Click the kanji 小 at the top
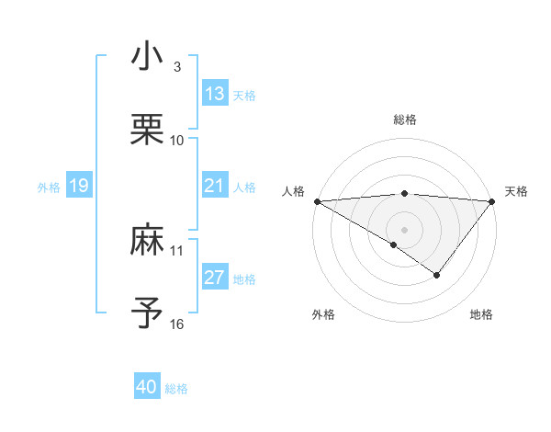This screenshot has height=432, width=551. point(148,56)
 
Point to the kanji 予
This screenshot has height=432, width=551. point(148,313)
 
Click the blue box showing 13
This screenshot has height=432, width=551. point(215,94)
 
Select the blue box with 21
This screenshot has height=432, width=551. point(215,186)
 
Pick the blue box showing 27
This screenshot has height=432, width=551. point(215,279)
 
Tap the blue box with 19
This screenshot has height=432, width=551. point(78,187)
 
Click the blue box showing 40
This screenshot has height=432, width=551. point(147,388)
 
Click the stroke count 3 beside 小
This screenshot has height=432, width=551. point(177,67)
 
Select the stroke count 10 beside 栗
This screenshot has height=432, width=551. point(177,141)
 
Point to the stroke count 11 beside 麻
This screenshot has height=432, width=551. point(177,250)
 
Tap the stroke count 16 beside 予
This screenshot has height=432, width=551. point(177,324)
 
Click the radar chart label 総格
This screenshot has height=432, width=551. point(404,119)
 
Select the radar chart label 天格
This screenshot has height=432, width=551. point(516,191)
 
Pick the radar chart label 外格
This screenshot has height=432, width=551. point(323,314)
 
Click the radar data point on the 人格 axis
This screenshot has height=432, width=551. point(317,201)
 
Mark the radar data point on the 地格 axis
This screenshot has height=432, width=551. point(437,275)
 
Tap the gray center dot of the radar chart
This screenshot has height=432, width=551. point(404,229)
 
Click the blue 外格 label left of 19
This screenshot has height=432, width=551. point(49,188)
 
